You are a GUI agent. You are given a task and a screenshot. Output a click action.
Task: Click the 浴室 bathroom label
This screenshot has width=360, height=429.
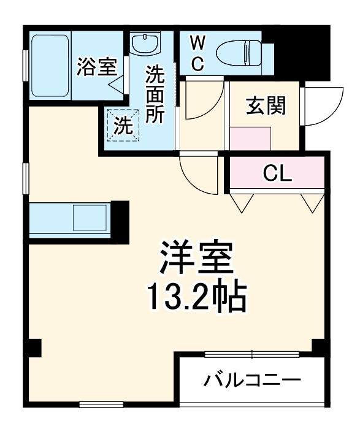tap(96, 67)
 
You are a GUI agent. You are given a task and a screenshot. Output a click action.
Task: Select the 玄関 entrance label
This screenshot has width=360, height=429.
tap(266, 106)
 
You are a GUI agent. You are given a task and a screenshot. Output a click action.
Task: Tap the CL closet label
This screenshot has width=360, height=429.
tap(277, 174)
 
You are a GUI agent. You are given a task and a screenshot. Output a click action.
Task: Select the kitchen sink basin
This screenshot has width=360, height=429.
tap(90, 218)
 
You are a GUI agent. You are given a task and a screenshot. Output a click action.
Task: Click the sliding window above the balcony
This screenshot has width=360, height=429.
tap(251, 354)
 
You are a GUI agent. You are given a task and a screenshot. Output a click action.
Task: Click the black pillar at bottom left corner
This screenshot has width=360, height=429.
tap(34, 348)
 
